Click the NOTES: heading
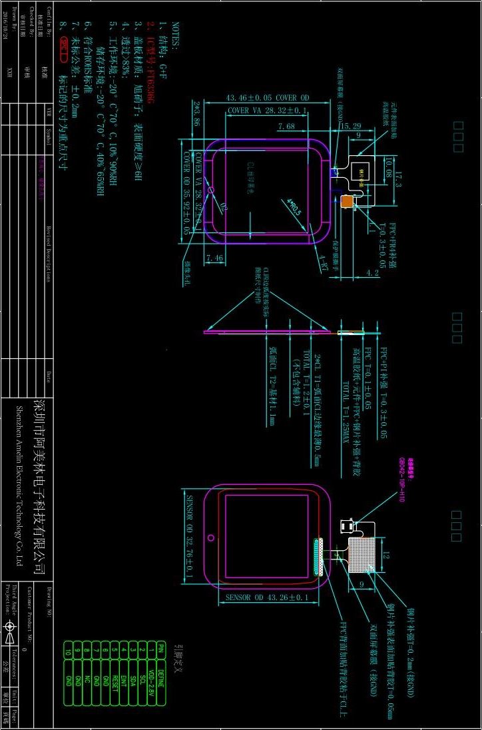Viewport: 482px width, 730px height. click(x=175, y=35)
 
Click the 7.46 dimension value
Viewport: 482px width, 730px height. click(x=214, y=257)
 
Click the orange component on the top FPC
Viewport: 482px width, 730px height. click(x=347, y=200)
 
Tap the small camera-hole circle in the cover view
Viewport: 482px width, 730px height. click(x=211, y=190)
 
